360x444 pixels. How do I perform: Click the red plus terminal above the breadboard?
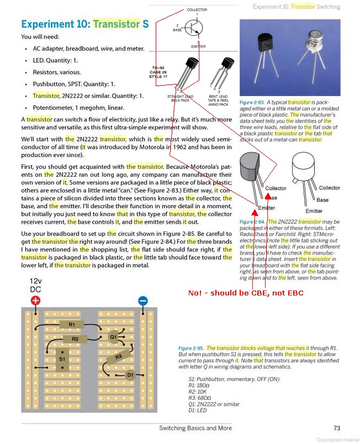pos(35,300)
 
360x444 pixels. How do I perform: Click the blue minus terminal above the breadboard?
pos(142,300)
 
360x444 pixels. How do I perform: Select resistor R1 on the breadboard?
pos(72,325)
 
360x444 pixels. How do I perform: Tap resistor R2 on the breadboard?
pos(76,339)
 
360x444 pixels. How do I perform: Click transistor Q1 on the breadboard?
pos(114,335)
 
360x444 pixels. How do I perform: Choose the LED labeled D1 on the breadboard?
pos(130,375)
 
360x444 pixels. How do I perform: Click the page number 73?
pos(337,428)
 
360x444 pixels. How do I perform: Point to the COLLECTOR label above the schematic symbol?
pos(197,10)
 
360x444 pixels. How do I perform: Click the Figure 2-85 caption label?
pos(191,348)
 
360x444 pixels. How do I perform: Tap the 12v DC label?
pos(35,286)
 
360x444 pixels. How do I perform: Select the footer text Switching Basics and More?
pos(195,428)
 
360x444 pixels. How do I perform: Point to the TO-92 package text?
pos(159,68)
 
